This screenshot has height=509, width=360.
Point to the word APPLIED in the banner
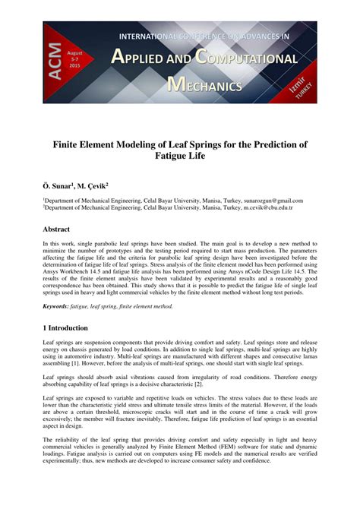(x=146, y=58)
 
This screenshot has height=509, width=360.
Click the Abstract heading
(x=57, y=229)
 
